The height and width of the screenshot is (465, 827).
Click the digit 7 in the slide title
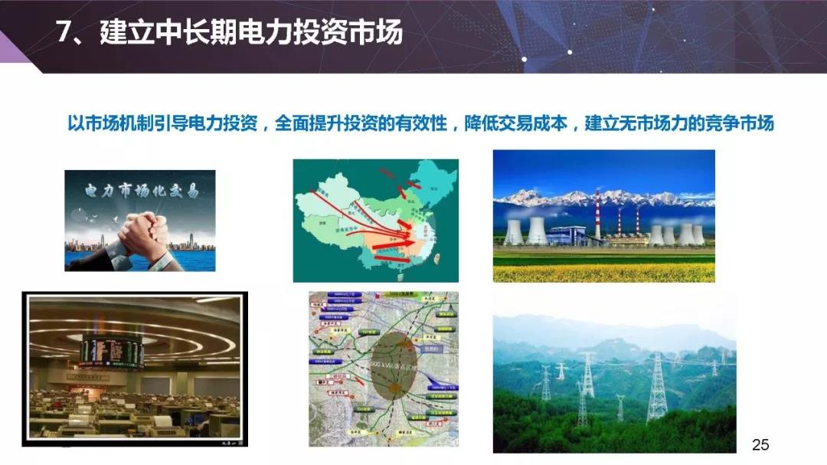coord(66,33)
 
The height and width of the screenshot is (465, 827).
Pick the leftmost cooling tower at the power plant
coord(513,231)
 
